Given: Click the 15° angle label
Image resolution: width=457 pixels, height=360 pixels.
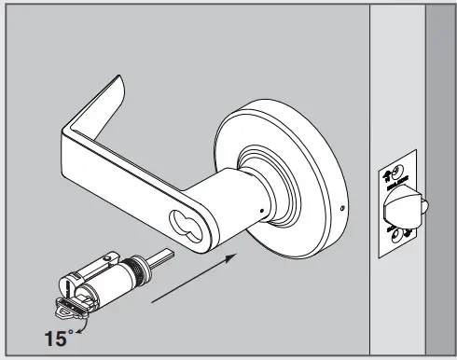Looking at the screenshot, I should click(57, 337).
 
